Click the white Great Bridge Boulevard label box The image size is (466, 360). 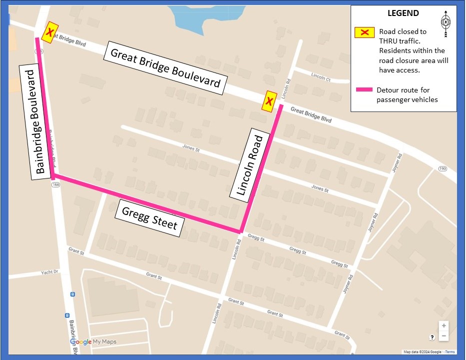point(165,68)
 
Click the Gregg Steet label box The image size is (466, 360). point(149,218)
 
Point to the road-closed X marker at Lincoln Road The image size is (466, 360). point(270,102)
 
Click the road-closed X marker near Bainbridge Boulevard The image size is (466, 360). point(49,32)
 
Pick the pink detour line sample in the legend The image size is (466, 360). point(364,90)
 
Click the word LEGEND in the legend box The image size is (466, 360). point(403,13)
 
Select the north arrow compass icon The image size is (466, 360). point(445,22)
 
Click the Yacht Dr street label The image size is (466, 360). point(49,272)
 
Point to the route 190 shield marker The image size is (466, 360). point(442,169)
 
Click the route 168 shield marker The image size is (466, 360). point(55,184)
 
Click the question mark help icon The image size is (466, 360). point(433,337)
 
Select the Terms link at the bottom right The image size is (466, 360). point(450,352)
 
